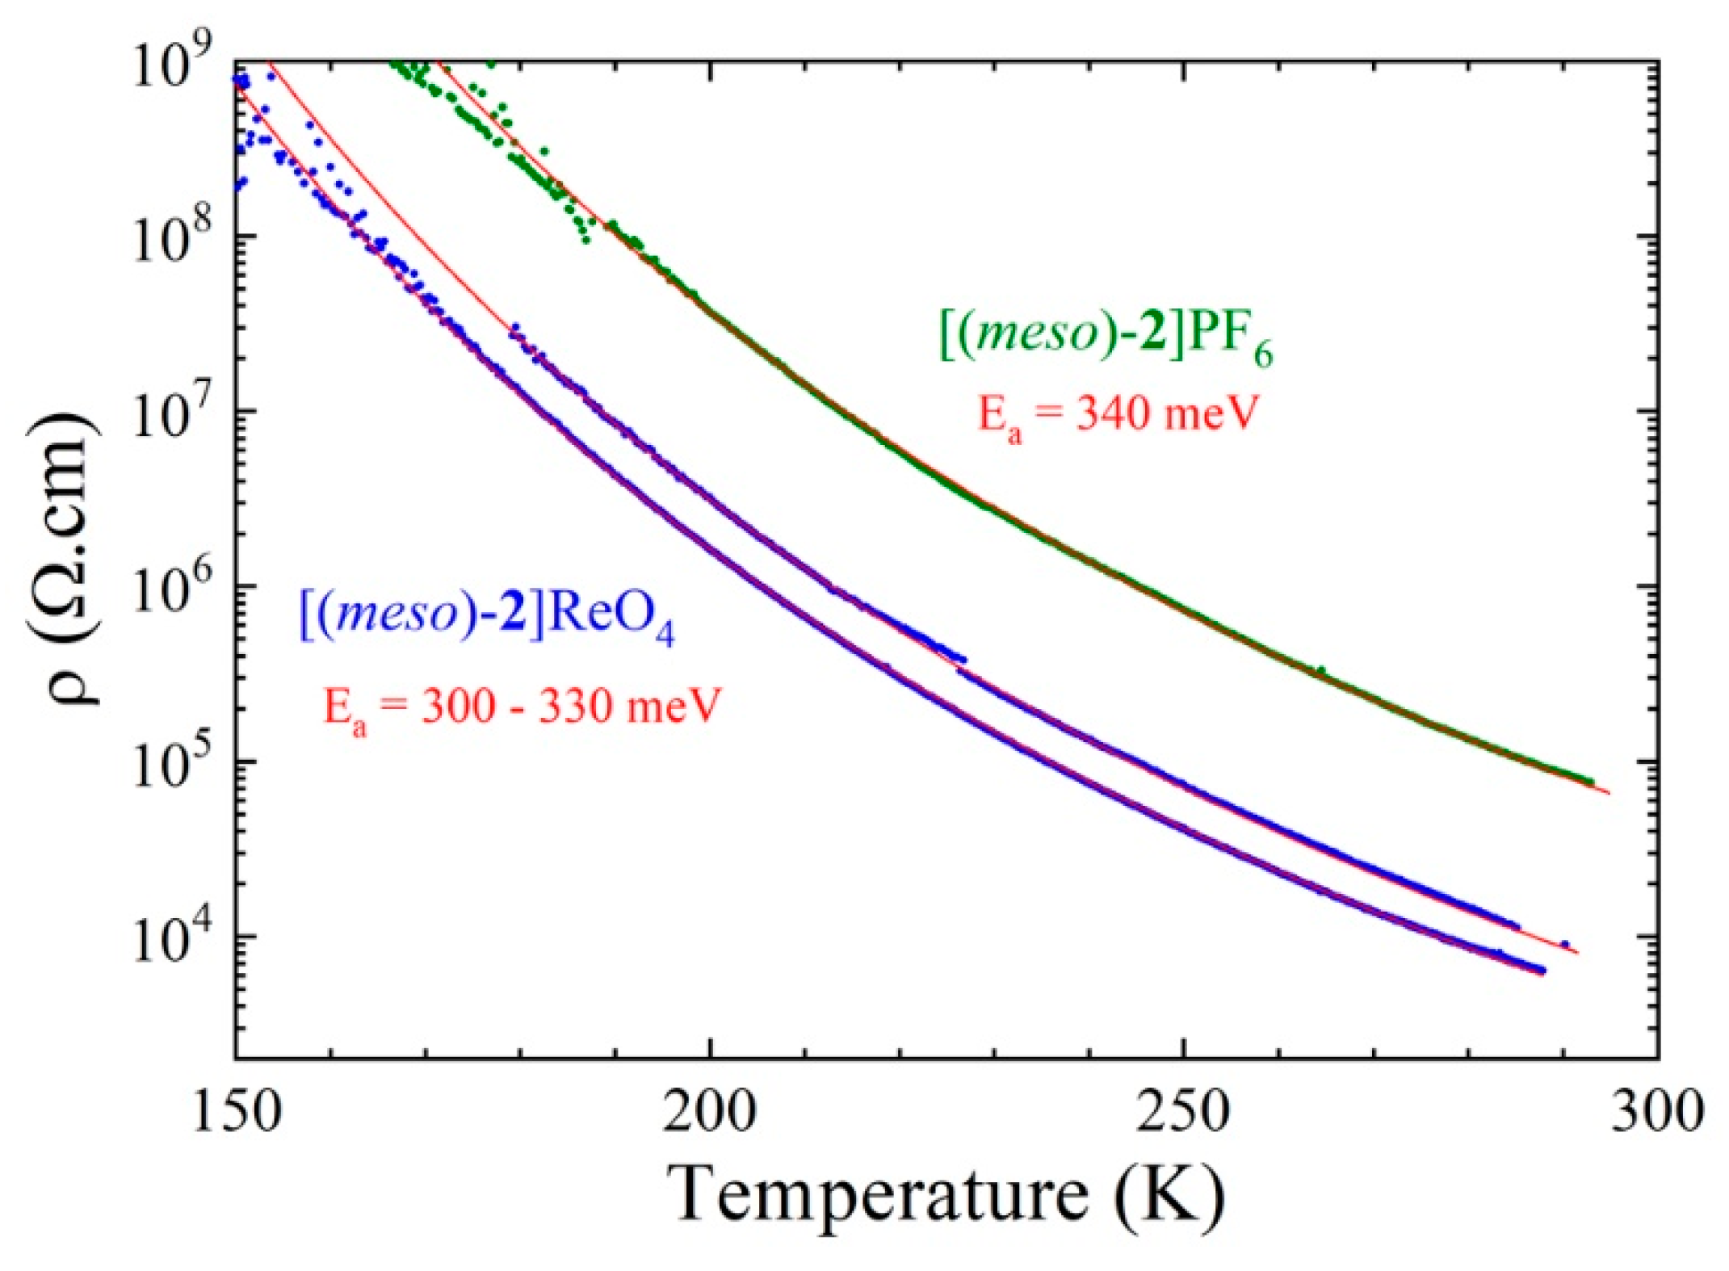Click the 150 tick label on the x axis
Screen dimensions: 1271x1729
(237, 1112)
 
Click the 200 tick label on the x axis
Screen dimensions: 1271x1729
(710, 1112)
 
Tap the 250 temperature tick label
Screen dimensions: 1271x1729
(1183, 1112)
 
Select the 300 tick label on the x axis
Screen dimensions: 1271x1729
(1656, 1112)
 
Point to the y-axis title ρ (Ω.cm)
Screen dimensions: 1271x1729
(65, 557)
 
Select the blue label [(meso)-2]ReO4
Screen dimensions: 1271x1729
(487, 616)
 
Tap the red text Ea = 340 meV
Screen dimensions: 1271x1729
(1118, 417)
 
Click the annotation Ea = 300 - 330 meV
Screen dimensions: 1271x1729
(521, 708)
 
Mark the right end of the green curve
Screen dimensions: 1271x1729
(1590, 781)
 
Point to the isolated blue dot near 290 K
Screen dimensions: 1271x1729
(1564, 944)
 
